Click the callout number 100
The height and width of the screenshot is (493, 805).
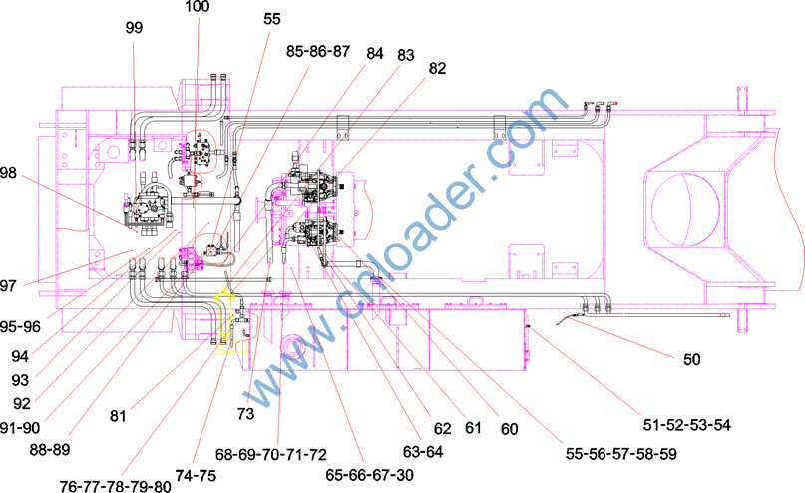click(198, 6)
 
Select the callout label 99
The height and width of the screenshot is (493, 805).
click(134, 27)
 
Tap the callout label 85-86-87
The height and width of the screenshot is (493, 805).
click(318, 51)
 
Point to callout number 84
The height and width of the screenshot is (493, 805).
click(375, 53)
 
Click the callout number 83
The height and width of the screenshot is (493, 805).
click(406, 55)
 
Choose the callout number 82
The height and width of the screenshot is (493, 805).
click(437, 68)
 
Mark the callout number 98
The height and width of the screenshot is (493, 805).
click(8, 173)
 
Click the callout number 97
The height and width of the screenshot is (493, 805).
click(8, 285)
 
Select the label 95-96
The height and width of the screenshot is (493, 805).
click(20, 326)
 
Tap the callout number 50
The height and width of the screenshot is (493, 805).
click(691, 359)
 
